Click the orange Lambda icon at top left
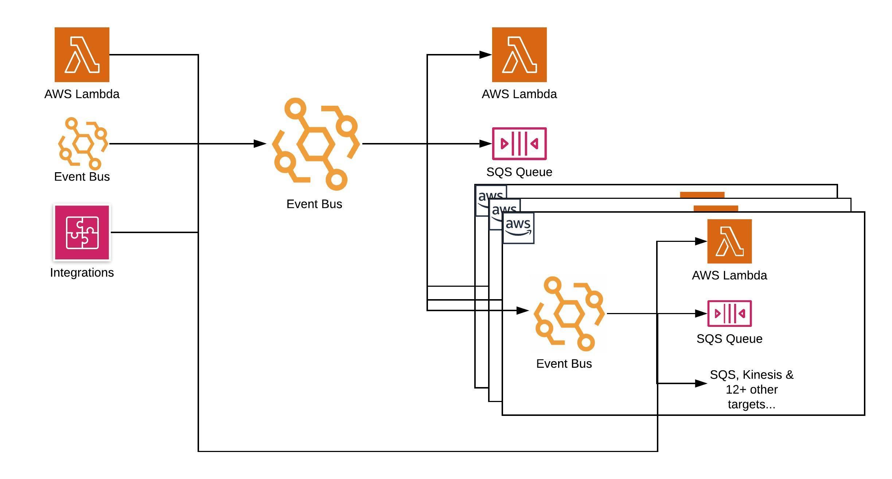(82, 55)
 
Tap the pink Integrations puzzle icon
(82, 232)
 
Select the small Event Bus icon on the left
(83, 143)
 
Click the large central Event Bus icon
(316, 144)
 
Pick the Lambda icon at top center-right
(519, 55)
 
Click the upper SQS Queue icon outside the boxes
(519, 144)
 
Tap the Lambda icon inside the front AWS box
(729, 241)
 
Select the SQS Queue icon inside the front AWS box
(729, 313)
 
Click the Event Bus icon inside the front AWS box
(569, 314)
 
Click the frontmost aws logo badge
(518, 228)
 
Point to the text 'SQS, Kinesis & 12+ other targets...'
(751, 390)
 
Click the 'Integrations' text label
(82, 273)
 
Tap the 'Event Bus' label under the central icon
(314, 204)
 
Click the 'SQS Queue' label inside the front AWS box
(729, 339)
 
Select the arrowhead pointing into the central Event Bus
(260, 144)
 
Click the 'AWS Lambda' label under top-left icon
(82, 94)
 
